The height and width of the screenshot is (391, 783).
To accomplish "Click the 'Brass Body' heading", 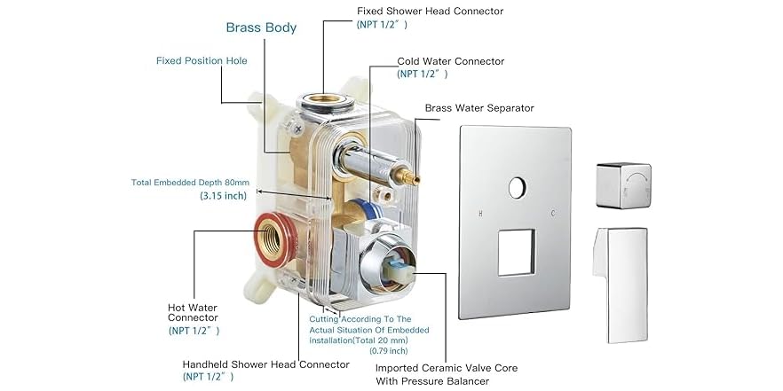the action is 261,27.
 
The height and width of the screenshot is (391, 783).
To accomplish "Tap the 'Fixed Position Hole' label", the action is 202,61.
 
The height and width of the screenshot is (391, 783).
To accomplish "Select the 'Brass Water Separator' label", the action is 479,108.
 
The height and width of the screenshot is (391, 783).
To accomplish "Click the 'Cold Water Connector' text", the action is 451,61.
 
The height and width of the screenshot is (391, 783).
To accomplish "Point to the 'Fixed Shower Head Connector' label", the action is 430,11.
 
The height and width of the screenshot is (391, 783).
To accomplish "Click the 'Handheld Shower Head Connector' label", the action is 265,364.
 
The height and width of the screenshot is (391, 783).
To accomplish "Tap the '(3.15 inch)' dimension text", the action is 223,195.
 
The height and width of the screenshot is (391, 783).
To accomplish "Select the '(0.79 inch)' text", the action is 389,350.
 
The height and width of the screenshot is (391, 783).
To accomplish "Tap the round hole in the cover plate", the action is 518,188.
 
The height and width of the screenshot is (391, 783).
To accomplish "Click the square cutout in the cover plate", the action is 517,253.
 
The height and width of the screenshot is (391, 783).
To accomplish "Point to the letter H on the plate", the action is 480,214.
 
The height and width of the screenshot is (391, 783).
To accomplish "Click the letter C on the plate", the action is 553,214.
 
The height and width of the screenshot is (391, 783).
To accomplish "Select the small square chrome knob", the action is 624,185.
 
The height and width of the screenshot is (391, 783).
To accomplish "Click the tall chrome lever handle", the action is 621,285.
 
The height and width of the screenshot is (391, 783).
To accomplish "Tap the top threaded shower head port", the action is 325,103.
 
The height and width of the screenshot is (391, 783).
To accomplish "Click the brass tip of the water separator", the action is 413,176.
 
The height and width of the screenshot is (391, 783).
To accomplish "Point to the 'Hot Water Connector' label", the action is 193,313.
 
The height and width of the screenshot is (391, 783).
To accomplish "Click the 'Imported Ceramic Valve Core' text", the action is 447,368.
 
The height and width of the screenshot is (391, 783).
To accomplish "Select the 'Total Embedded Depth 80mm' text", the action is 190,183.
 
